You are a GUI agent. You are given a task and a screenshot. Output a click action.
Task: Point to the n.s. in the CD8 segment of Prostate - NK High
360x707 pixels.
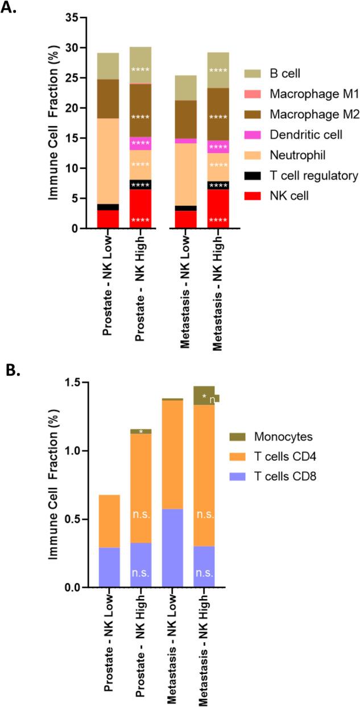[140, 573]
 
